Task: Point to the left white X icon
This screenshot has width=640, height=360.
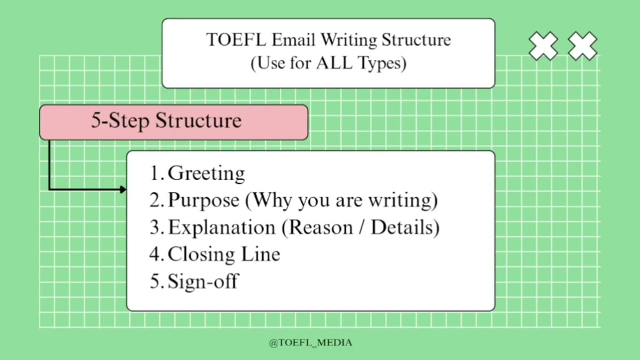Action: (x=543, y=46)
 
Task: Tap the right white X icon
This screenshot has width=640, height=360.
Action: (x=582, y=46)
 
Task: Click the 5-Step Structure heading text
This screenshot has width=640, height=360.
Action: (x=166, y=121)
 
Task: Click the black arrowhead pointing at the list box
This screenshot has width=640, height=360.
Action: (x=122, y=189)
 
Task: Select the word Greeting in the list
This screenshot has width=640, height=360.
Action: (x=206, y=173)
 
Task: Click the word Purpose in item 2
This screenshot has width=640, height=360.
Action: (x=203, y=200)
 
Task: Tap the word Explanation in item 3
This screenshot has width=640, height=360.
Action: (x=221, y=227)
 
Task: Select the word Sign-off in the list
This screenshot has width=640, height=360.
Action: (x=202, y=281)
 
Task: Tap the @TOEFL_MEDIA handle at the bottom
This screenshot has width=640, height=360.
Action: (x=310, y=342)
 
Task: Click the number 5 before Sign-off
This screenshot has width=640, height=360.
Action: (x=155, y=281)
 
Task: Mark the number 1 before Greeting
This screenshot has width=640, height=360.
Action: (x=155, y=173)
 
